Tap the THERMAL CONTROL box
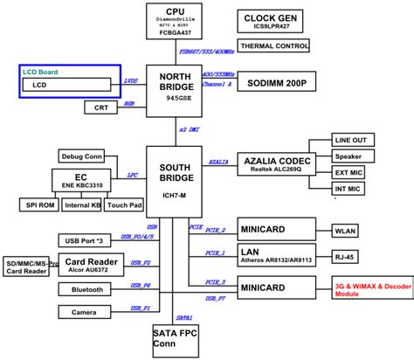pos(273,45)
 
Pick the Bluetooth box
pos(86,288)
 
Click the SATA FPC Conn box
pos(175,339)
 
